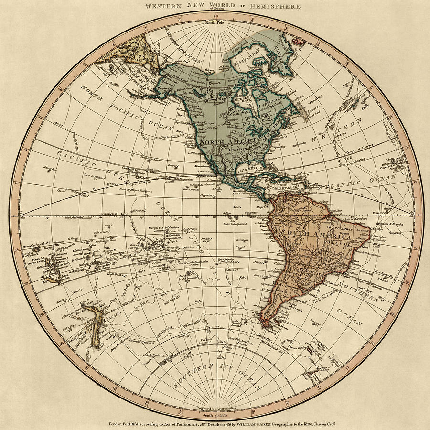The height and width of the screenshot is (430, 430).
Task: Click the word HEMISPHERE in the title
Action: (279, 7)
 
